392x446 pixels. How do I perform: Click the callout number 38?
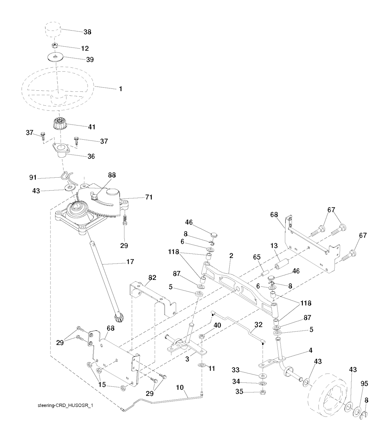pos(87,32)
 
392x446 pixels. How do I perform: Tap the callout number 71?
pos(149,197)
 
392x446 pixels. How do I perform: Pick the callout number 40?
pos(217,325)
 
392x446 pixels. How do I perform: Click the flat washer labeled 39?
pos(56,58)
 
